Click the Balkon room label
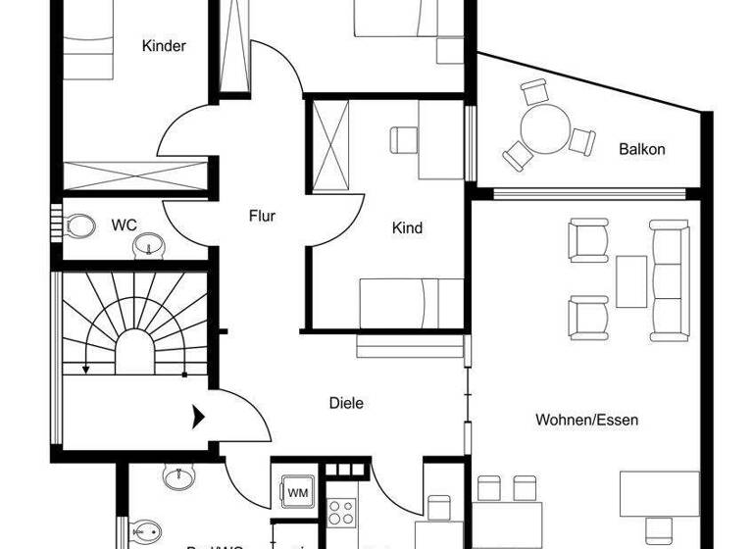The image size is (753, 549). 641,150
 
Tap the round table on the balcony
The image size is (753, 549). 542,128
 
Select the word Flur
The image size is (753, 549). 262,217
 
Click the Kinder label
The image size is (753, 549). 164,46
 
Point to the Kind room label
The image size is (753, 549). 407,228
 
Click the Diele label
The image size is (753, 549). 346,402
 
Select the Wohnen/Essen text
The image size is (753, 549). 586,420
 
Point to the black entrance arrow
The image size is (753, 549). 198,416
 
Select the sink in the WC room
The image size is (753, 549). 149,244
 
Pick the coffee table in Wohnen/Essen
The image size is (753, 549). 631,281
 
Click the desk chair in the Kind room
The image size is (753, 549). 404,140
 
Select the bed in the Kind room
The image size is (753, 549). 410,304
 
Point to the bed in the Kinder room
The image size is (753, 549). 87,49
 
